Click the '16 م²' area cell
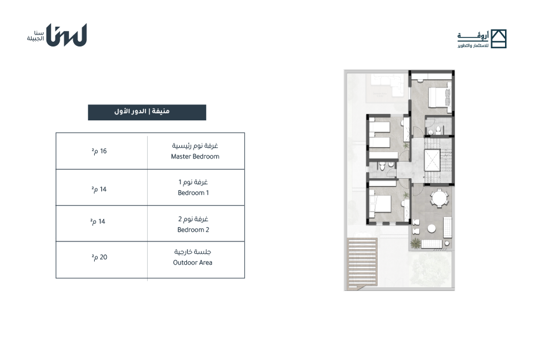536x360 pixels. (x=99, y=151)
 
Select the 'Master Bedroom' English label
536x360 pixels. (x=195, y=156)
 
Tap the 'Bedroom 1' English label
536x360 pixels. (x=193, y=193)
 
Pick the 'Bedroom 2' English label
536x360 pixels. (x=193, y=229)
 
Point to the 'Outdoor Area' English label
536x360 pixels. (x=192, y=262)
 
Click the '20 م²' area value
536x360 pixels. (x=99, y=257)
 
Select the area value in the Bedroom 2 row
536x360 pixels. (x=98, y=221)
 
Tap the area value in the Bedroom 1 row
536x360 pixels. (x=99, y=190)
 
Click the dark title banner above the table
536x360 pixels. (x=147, y=112)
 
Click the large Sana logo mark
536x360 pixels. (x=67, y=35)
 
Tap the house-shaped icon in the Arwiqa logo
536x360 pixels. (x=498, y=39)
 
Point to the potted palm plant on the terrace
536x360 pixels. (x=415, y=243)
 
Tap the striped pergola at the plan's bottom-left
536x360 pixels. (x=362, y=262)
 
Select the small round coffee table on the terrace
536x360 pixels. (x=431, y=228)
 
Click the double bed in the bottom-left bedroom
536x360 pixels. (x=380, y=204)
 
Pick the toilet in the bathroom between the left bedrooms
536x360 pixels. (x=382, y=166)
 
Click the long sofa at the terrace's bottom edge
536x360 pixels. (x=432, y=244)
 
